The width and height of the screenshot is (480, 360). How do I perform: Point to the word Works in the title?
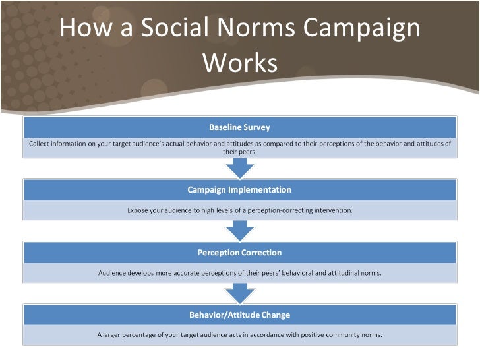[240, 63]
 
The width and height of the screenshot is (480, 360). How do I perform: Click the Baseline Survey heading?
[239, 127]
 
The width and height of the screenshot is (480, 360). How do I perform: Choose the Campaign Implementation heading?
[239, 190]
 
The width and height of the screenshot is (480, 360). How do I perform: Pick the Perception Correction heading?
[239, 253]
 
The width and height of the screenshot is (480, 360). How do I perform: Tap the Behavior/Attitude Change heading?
[239, 315]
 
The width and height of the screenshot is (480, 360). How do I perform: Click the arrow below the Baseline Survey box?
[239, 168]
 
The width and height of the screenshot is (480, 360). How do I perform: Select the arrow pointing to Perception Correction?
[239, 231]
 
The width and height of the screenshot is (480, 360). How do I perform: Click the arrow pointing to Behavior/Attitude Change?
[239, 293]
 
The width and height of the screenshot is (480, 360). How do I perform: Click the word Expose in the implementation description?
[138, 210]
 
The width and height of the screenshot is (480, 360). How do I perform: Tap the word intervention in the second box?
[333, 210]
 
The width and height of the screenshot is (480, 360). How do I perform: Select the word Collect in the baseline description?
[40, 143]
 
